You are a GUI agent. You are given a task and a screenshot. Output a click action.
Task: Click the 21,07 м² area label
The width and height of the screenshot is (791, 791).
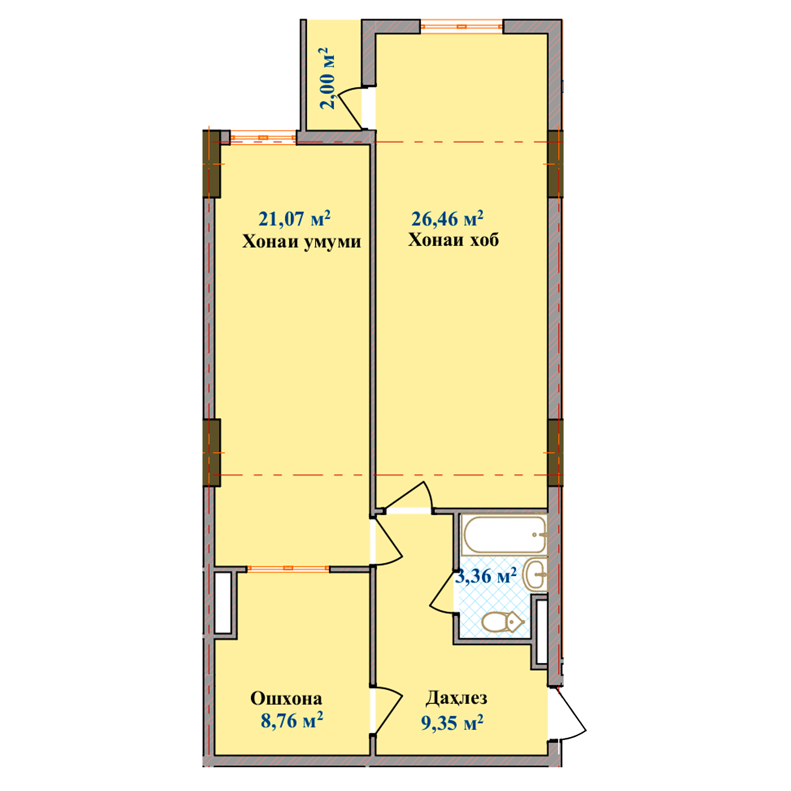(294, 219)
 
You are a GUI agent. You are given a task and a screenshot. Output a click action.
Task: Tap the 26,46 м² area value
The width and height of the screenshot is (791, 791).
(447, 219)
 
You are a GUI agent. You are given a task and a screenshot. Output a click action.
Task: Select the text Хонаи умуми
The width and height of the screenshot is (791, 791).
(302, 242)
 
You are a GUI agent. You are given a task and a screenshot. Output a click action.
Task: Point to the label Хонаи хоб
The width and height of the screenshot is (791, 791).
(454, 240)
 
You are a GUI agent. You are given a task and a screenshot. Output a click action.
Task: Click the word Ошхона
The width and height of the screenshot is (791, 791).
(286, 698)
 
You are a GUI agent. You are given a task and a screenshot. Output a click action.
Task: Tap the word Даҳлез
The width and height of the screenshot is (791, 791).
(456, 698)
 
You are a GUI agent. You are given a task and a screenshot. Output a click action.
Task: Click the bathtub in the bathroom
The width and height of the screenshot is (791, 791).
(503, 534)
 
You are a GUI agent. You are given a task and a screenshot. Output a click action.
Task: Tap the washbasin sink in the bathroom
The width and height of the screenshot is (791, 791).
(535, 574)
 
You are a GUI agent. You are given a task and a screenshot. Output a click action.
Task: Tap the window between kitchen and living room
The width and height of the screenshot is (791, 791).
(288, 568)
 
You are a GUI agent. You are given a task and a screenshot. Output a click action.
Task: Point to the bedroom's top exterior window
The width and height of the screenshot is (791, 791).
(462, 26)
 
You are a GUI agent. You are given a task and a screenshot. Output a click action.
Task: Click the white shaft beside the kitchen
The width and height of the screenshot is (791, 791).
(223, 602)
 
